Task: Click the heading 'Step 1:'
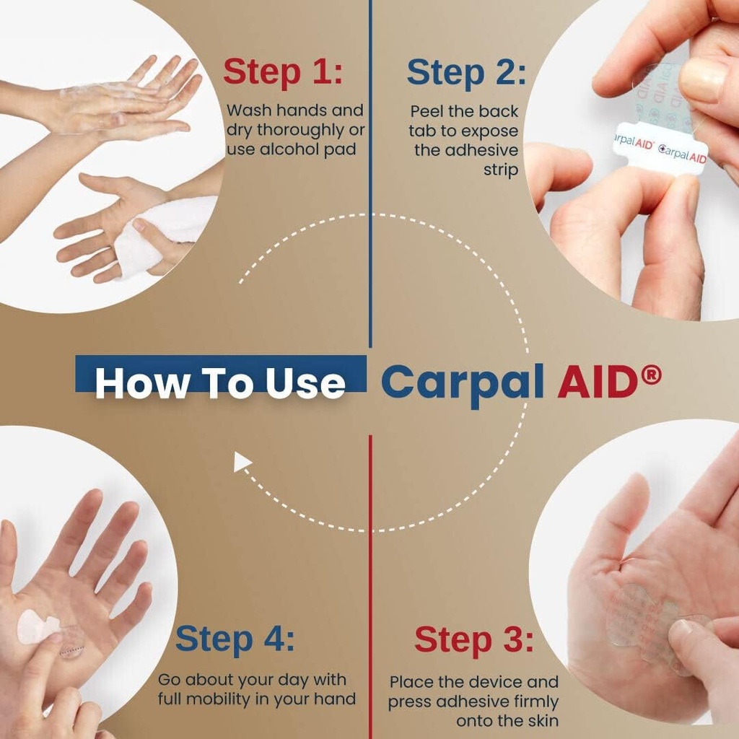283,72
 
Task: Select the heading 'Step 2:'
466,72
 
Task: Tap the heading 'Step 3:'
474,639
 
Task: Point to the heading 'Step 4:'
235,639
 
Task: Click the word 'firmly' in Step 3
535,701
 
